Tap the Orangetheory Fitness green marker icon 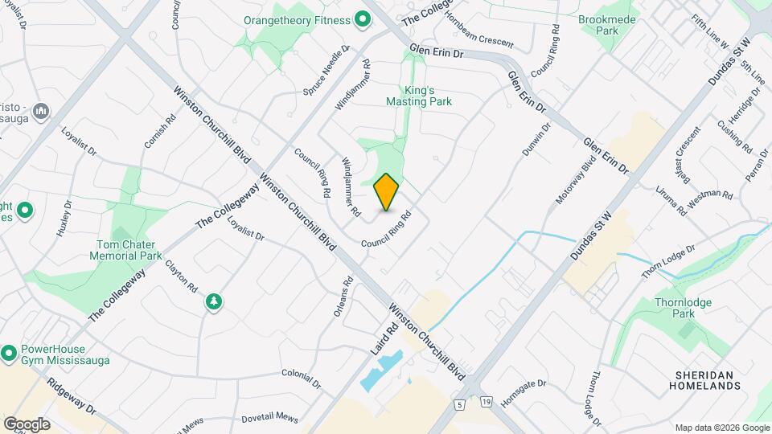(x=363, y=18)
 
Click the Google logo (x=26, y=424)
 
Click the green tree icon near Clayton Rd (x=214, y=301)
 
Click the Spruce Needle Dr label (x=329, y=70)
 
